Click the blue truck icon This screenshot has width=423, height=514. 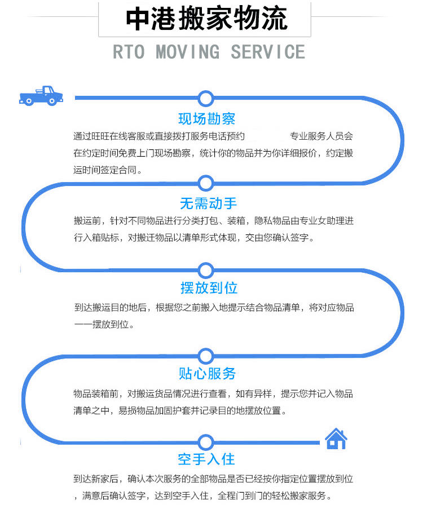pos(41,96)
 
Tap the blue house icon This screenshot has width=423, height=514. pos(336,438)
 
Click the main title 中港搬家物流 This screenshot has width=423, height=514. pos(206,19)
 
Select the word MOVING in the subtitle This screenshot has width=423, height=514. pos(187,52)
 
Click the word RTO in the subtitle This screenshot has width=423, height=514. pos(129,52)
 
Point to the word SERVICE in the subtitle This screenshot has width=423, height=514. pos(267,52)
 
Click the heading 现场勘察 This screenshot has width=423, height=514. pos(206,119)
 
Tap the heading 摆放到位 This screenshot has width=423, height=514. pos(209,288)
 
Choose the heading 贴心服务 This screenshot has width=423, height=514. pos(207,374)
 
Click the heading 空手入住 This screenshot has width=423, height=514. pos(206,459)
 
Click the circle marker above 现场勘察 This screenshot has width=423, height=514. pos(206,99)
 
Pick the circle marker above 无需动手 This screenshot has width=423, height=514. pos(206,183)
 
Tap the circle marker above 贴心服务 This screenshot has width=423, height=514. pos(206,356)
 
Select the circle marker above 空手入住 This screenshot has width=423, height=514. pos(206,441)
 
